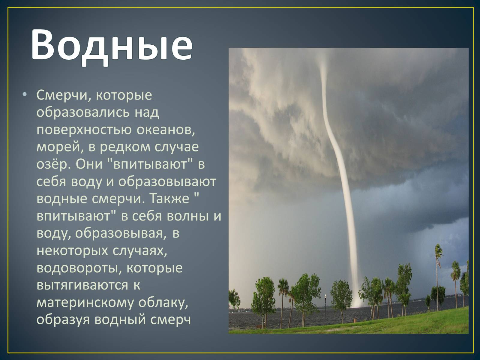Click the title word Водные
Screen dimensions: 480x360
[x=112, y=46]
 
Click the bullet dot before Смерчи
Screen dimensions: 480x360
[x=25, y=94]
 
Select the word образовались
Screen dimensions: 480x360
[x=83, y=112]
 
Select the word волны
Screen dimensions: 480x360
[x=187, y=216]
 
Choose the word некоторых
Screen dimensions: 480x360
[x=72, y=251]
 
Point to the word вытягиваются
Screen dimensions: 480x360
[x=82, y=286]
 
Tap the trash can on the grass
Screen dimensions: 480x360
[x=355, y=320]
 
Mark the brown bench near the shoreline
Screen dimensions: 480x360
[x=259, y=327]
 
